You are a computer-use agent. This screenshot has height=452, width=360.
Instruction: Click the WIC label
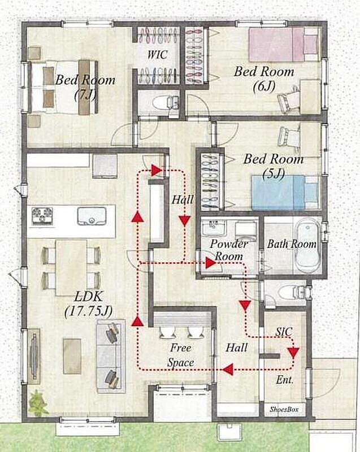click(157, 54)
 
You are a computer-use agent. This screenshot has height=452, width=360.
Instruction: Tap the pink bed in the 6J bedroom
click(284, 45)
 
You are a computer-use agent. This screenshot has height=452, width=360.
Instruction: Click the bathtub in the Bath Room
click(307, 245)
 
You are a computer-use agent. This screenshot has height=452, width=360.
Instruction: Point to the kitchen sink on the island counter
click(92, 216)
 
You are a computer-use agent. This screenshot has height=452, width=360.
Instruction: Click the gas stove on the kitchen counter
click(42, 216)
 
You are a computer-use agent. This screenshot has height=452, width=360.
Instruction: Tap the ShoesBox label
click(284, 409)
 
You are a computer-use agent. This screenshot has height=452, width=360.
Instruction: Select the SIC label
click(284, 332)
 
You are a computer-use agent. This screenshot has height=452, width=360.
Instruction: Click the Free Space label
click(181, 355)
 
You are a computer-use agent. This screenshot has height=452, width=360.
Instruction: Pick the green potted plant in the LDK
click(38, 403)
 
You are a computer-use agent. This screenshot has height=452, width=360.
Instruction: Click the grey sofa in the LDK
click(111, 356)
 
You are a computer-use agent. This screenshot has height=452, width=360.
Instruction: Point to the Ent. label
click(285, 380)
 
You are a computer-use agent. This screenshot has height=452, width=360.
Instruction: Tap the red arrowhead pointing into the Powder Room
click(211, 263)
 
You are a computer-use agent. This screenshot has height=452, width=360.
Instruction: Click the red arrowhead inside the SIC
click(294, 353)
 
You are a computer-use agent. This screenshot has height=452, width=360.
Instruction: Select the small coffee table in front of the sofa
click(72, 357)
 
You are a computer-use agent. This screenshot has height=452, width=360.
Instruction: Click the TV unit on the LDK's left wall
click(34, 357)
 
